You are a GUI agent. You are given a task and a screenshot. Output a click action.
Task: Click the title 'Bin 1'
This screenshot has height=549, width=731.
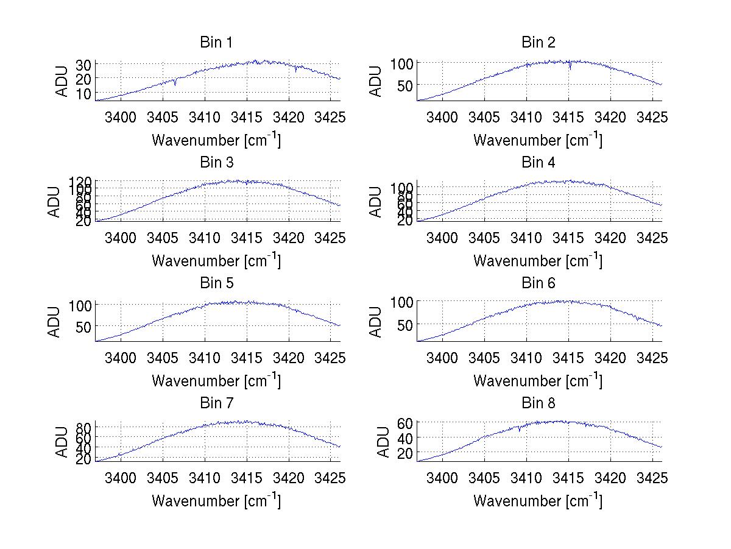[x=216, y=43]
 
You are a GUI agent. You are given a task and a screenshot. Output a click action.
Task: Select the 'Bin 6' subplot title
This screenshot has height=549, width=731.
[x=539, y=283]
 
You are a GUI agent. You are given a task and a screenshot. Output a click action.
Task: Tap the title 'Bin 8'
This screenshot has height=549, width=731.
[x=539, y=403]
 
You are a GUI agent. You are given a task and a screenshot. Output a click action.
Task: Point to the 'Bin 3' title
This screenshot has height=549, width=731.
[x=216, y=163]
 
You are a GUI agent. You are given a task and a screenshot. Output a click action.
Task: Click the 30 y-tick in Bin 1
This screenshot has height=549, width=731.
[x=83, y=64]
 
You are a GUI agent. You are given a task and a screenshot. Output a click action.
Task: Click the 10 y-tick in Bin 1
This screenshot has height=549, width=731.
[x=83, y=93]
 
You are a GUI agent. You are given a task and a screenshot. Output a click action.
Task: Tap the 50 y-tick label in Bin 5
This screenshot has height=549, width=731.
[x=83, y=327]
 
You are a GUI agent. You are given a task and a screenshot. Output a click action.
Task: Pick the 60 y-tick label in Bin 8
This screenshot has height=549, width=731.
[x=405, y=422]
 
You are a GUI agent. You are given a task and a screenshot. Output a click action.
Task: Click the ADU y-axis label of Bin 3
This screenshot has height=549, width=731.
[x=55, y=201]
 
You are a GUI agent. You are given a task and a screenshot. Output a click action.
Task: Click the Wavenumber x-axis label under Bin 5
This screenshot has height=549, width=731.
[x=216, y=381]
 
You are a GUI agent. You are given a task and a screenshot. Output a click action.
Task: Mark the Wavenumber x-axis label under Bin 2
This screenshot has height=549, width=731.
[x=538, y=140]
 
